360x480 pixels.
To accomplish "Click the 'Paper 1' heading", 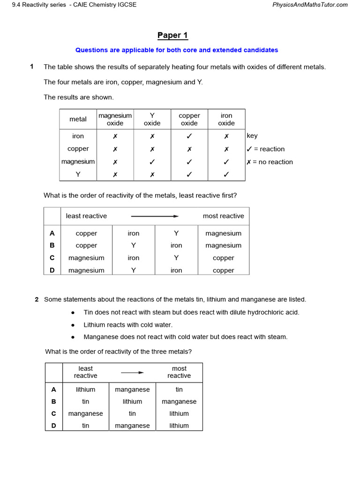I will click(172, 36).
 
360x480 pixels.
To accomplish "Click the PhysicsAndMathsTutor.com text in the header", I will click(310, 5).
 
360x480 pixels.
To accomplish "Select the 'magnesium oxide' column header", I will click(115, 119).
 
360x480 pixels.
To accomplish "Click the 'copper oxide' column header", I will click(189, 119).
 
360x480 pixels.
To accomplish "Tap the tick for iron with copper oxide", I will click(189, 136).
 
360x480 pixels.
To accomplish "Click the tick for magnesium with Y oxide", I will click(152, 162).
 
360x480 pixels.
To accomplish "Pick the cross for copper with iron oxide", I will click(226, 149).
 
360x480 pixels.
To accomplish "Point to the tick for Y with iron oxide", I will click(226, 174).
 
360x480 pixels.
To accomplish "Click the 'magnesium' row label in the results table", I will click(78, 162).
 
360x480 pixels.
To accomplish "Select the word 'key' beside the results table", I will click(252, 136).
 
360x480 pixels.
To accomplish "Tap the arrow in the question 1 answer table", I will click(155, 216).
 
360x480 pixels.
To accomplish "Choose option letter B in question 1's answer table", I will click(52, 245).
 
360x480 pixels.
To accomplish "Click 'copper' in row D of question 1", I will click(223, 270).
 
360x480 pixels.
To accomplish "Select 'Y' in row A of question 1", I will click(176, 233).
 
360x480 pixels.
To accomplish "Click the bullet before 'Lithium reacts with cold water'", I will click(73, 325).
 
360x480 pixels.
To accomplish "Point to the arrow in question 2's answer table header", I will click(132, 372).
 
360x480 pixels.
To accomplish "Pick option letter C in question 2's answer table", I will click(53, 413).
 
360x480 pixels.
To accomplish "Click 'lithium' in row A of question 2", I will click(85, 390).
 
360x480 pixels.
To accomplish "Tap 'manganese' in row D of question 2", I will click(132, 426).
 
